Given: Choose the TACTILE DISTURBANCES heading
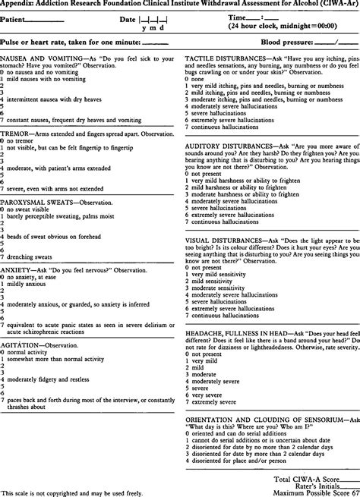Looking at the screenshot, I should point(230,58).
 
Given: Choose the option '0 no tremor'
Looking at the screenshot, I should point(19,140).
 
